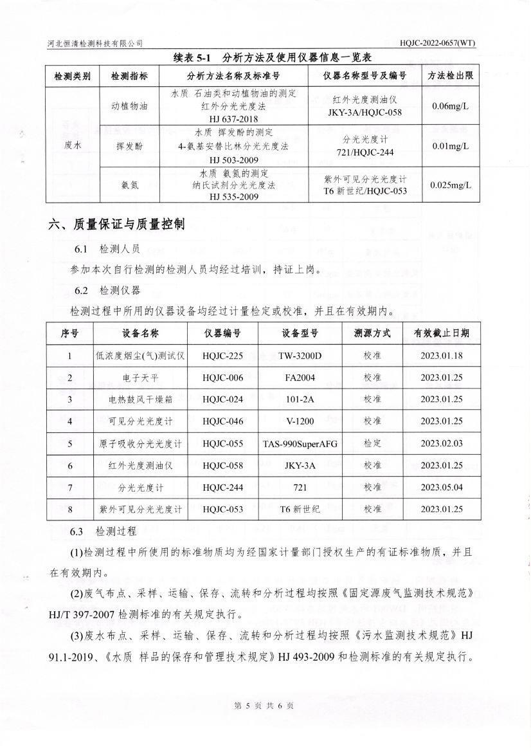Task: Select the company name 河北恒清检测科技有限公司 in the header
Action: [95, 43]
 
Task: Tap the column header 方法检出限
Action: [451, 76]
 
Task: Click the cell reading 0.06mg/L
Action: [451, 105]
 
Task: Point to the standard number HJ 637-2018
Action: [233, 119]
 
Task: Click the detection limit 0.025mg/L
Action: [451, 185]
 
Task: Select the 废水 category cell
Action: [73, 145]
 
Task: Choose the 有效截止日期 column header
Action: [441, 333]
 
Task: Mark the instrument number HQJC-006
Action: [222, 378]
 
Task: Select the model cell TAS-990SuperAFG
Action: [300, 444]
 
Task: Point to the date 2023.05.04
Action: [441, 488]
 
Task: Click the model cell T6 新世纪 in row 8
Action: [300, 509]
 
